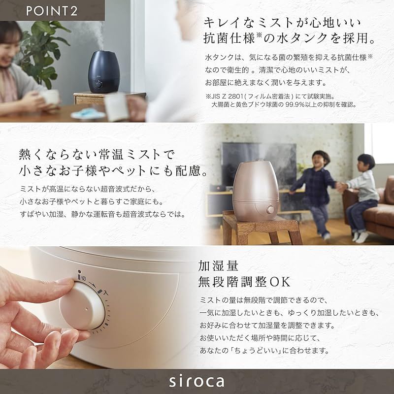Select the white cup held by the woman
tap(49, 98)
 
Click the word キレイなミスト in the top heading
tap(241, 23)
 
